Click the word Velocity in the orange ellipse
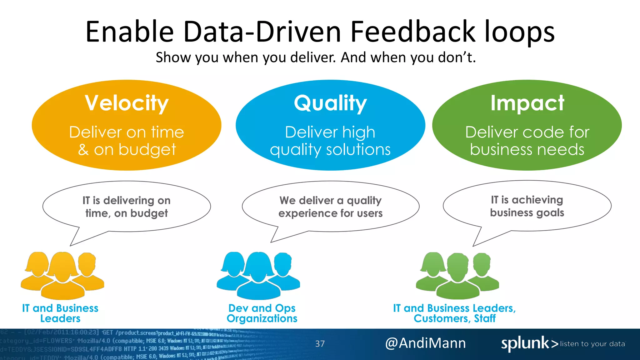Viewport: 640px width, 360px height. (x=127, y=103)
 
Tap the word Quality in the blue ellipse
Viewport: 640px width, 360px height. (x=330, y=103)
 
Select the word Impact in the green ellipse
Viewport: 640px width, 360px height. (x=527, y=103)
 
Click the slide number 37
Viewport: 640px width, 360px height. (x=320, y=344)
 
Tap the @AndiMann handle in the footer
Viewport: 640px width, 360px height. (x=425, y=343)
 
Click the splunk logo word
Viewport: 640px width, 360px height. (x=525, y=343)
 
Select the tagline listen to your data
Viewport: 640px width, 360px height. (x=592, y=344)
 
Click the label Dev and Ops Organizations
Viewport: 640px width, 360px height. (x=262, y=313)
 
